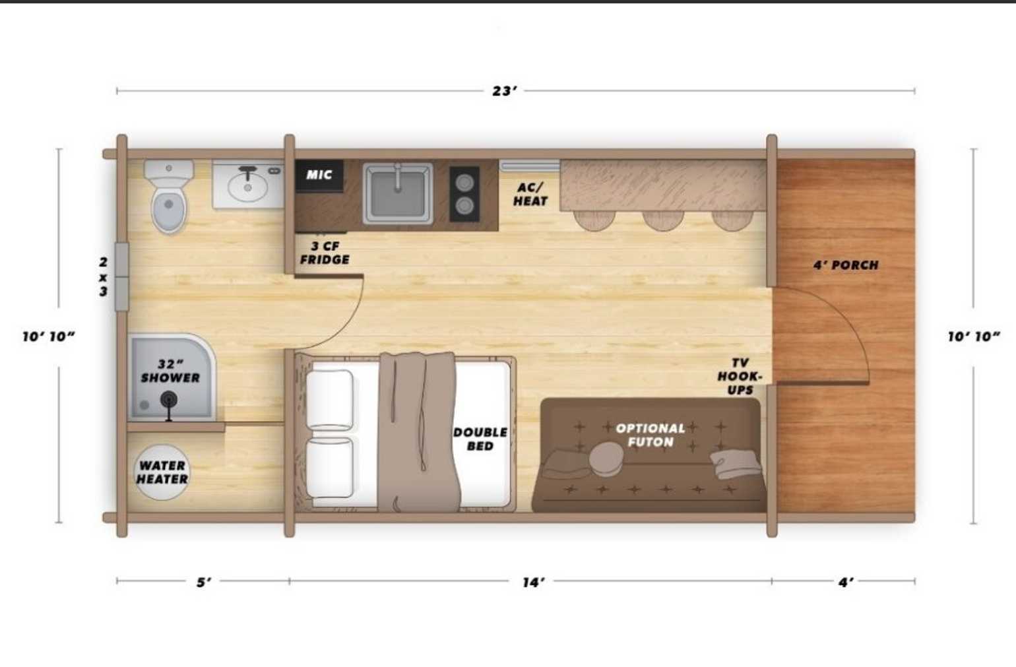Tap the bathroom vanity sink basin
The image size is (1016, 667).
coord(247,186)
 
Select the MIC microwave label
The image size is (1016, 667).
coord(319,175)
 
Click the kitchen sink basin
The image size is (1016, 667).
coord(398,193)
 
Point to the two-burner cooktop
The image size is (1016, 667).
coord(464,194)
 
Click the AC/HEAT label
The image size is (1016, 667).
coord(530,194)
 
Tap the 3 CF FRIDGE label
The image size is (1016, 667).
coord(325,253)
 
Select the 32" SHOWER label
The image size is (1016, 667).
coord(170,371)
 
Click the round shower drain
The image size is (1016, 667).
coord(169,400)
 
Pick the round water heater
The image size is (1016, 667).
coord(162,472)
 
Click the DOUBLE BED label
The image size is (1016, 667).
coord(480,439)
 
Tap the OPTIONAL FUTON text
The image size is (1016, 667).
coord(651,435)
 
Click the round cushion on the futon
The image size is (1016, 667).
coord(606,459)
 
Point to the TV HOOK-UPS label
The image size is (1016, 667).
coord(740,376)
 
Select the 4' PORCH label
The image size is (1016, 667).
coord(846,265)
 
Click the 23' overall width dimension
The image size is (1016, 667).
coord(504,91)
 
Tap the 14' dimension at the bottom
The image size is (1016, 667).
coord(533,582)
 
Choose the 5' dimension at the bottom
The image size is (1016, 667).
coord(204,582)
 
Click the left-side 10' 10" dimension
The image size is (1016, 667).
coord(49,336)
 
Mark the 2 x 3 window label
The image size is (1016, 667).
coord(104,276)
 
